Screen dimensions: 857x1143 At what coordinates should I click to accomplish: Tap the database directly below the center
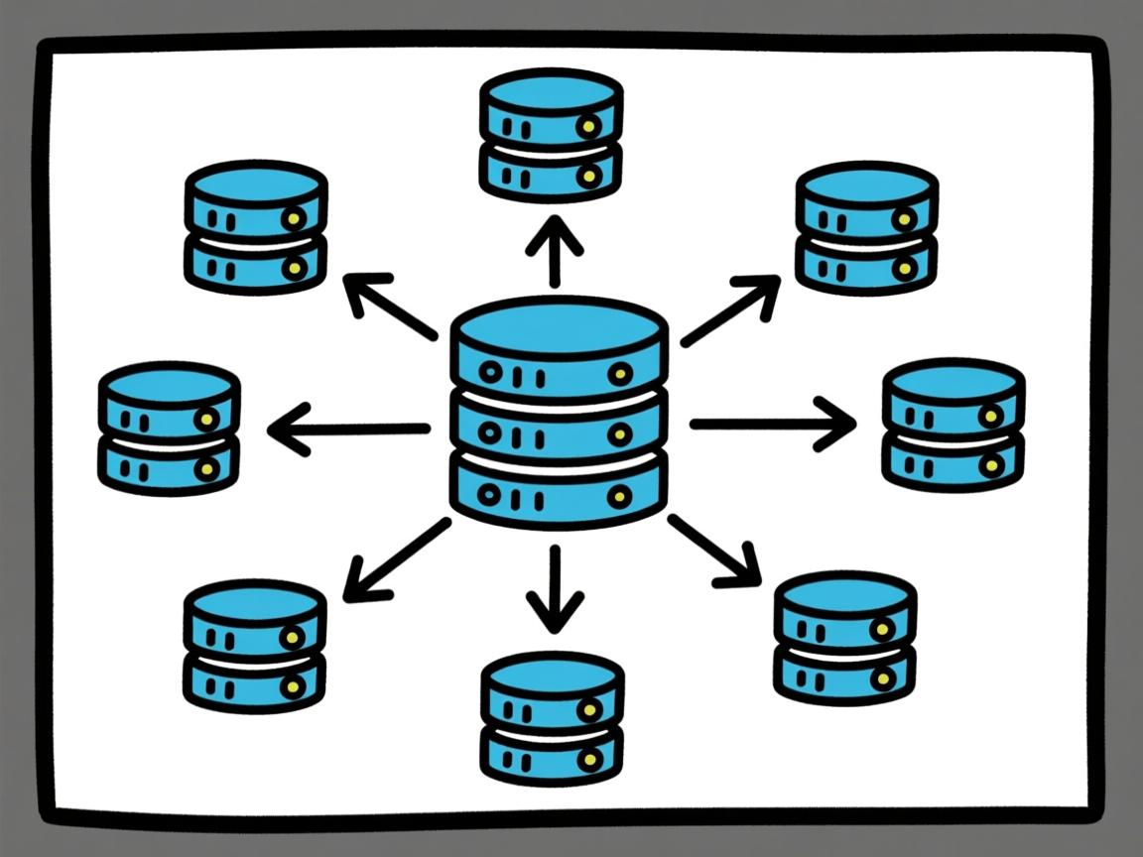pos(552,716)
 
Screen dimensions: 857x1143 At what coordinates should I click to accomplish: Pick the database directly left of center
pos(169,428)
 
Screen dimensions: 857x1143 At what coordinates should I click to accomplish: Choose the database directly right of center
pos(952,425)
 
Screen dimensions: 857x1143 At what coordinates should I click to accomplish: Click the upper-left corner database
pos(256,226)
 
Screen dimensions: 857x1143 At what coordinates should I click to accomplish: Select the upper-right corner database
pos(866,227)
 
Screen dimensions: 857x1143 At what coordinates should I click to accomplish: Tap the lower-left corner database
pos(255,646)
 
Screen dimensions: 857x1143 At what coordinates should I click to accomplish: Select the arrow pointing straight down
pos(555,589)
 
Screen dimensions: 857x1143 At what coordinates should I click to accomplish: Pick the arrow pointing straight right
pos(772,425)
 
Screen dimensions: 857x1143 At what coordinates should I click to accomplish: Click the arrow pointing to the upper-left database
pos(389,307)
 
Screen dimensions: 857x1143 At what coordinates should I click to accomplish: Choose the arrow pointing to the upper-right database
pos(730,310)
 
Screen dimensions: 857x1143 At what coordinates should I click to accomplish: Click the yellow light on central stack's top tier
pos(620,374)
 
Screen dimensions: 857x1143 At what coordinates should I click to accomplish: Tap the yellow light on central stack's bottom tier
pos(619,495)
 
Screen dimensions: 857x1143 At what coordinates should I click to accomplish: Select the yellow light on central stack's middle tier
pos(620,434)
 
